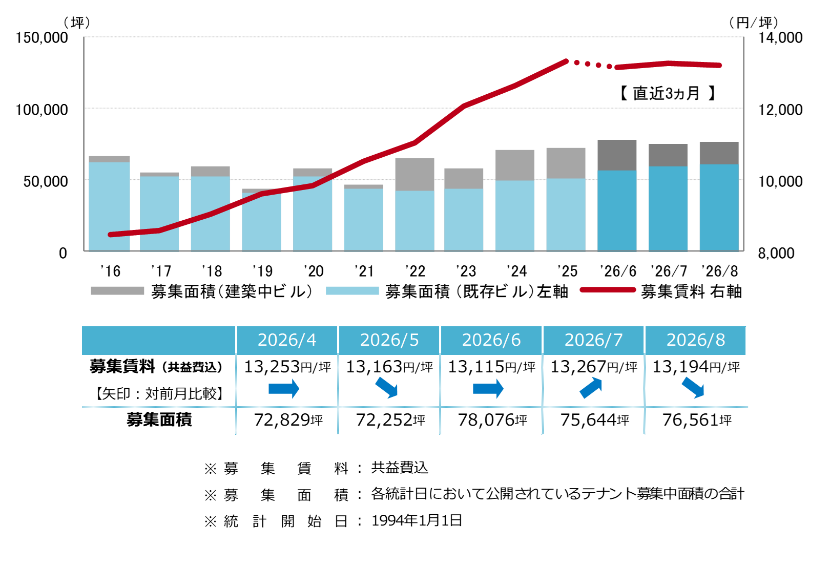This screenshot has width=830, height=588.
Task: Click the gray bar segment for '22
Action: pos(414,175)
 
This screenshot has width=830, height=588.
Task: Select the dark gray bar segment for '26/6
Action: pos(616,155)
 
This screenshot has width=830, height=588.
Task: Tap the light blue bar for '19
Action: pos(261,222)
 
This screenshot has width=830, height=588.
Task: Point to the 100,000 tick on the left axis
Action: pos(42,110)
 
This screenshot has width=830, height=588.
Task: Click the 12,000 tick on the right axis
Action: pos(780,110)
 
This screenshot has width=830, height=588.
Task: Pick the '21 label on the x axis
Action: pos(364,271)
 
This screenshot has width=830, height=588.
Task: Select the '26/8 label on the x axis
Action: pos(719,271)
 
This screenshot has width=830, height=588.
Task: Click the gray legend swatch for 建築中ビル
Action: pos(117,291)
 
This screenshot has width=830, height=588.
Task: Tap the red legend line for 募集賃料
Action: pos(608,290)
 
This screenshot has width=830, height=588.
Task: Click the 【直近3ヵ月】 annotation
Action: pos(667,93)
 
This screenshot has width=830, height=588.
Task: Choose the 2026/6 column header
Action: pos(491,340)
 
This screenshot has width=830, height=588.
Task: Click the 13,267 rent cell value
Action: pos(578,367)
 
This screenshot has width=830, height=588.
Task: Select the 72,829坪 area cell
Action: pos(288,420)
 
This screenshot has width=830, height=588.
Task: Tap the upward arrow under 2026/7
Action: pos(591,388)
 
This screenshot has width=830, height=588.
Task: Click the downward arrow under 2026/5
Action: pos(386,388)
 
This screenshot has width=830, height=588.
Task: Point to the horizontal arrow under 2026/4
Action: pos(284,389)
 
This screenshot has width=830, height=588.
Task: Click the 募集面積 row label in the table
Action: pos(159,420)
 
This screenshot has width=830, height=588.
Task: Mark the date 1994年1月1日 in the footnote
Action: pos(417,520)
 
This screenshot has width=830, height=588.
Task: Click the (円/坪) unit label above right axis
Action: pos(754,23)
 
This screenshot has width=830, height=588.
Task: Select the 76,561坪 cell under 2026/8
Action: pos(697,420)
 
